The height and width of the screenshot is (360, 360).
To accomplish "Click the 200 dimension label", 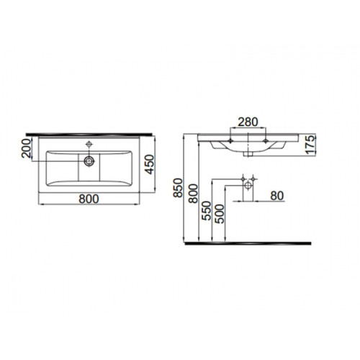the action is (27, 148).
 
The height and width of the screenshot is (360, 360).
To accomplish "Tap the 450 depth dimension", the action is (150, 164).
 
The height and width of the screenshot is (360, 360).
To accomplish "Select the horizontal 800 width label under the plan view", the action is (89, 199).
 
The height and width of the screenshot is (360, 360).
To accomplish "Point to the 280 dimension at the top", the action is (248, 122).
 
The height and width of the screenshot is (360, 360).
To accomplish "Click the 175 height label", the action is (310, 145).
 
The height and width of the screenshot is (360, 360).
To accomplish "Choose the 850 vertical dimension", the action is (179, 187).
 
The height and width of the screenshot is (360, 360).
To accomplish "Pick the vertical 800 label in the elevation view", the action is (193, 194).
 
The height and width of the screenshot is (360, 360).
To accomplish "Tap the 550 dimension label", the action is (207, 211).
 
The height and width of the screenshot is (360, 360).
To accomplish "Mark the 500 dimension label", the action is (220, 214).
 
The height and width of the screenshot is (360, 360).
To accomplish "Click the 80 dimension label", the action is (277, 196).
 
